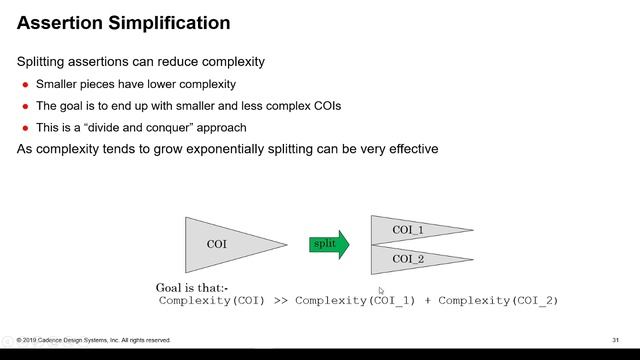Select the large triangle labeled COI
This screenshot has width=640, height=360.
click(225, 244)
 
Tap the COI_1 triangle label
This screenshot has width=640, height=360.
click(408, 230)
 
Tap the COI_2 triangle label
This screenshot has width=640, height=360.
click(408, 259)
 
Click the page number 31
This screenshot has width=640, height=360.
click(616, 340)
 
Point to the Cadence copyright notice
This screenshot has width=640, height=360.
click(94, 340)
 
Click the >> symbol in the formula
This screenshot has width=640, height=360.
click(280, 301)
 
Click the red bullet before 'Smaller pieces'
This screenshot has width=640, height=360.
click(26, 85)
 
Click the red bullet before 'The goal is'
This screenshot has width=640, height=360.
click(26, 106)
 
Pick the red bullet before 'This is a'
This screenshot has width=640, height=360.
click(26, 128)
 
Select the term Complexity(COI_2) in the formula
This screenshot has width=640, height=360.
click(498, 301)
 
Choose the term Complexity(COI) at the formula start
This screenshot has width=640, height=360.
click(211, 301)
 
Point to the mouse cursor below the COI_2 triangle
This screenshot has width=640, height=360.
click(381, 291)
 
